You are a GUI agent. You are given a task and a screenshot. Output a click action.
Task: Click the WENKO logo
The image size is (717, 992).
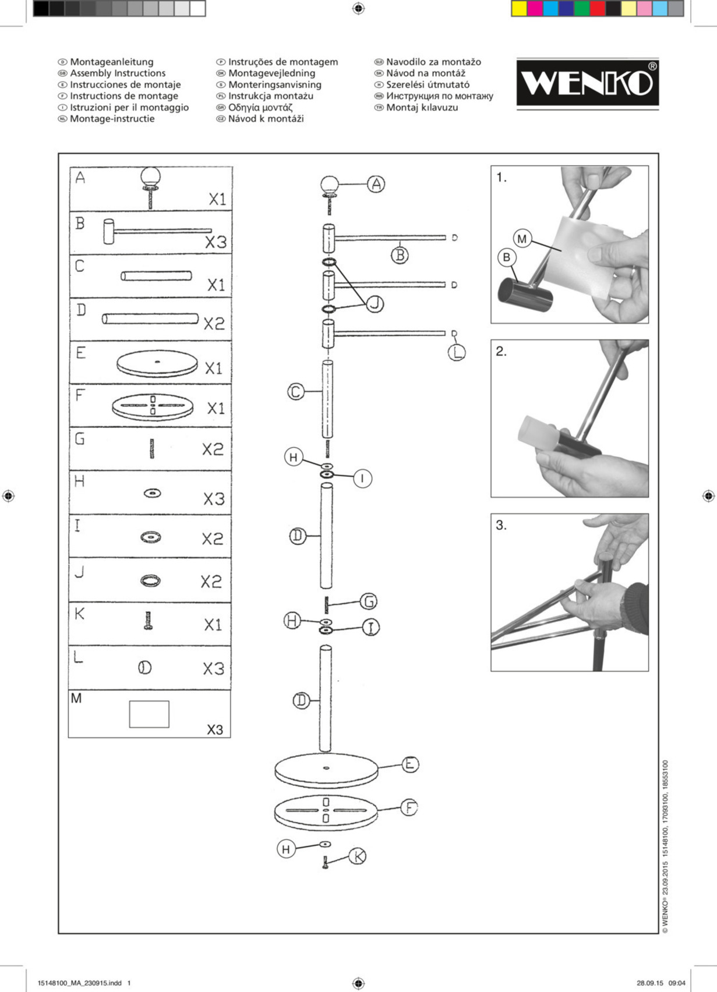click(587, 83)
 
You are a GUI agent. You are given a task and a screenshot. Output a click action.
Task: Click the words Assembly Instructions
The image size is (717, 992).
click(118, 73)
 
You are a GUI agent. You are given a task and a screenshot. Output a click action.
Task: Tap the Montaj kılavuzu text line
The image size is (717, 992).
click(422, 108)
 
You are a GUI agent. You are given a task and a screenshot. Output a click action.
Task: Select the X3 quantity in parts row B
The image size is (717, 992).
click(216, 242)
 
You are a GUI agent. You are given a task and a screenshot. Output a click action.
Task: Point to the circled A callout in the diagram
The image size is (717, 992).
click(376, 184)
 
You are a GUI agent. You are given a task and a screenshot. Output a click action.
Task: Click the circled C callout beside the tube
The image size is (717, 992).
click(296, 392)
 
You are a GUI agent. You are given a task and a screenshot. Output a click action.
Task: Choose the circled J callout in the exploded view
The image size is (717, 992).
click(375, 303)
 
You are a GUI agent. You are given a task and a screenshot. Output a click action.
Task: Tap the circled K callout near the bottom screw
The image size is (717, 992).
click(358, 856)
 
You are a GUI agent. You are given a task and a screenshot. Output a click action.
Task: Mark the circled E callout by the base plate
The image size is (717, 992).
click(410, 764)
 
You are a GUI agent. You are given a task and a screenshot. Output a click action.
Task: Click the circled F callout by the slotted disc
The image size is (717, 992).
click(409, 807)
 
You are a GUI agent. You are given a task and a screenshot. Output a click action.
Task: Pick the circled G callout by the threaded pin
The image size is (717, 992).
click(368, 601)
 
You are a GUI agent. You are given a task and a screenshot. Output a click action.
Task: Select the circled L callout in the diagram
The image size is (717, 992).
click(457, 352)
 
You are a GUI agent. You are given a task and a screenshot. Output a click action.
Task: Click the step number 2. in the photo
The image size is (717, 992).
click(501, 351)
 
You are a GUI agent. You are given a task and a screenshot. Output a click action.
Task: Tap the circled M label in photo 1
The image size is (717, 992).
click(521, 239)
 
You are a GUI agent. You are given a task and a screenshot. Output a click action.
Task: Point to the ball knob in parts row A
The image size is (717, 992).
click(150, 176)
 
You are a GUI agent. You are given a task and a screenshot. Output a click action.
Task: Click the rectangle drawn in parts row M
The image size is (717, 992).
click(149, 714)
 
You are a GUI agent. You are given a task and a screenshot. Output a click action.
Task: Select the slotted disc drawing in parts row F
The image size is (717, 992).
click(153, 405)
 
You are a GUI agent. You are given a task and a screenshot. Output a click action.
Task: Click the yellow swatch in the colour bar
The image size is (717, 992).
click(519, 9)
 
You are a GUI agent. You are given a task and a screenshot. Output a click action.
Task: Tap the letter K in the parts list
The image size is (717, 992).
click(80, 614)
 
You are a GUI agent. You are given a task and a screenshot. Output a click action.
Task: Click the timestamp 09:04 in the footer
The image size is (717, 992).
click(677, 983)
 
